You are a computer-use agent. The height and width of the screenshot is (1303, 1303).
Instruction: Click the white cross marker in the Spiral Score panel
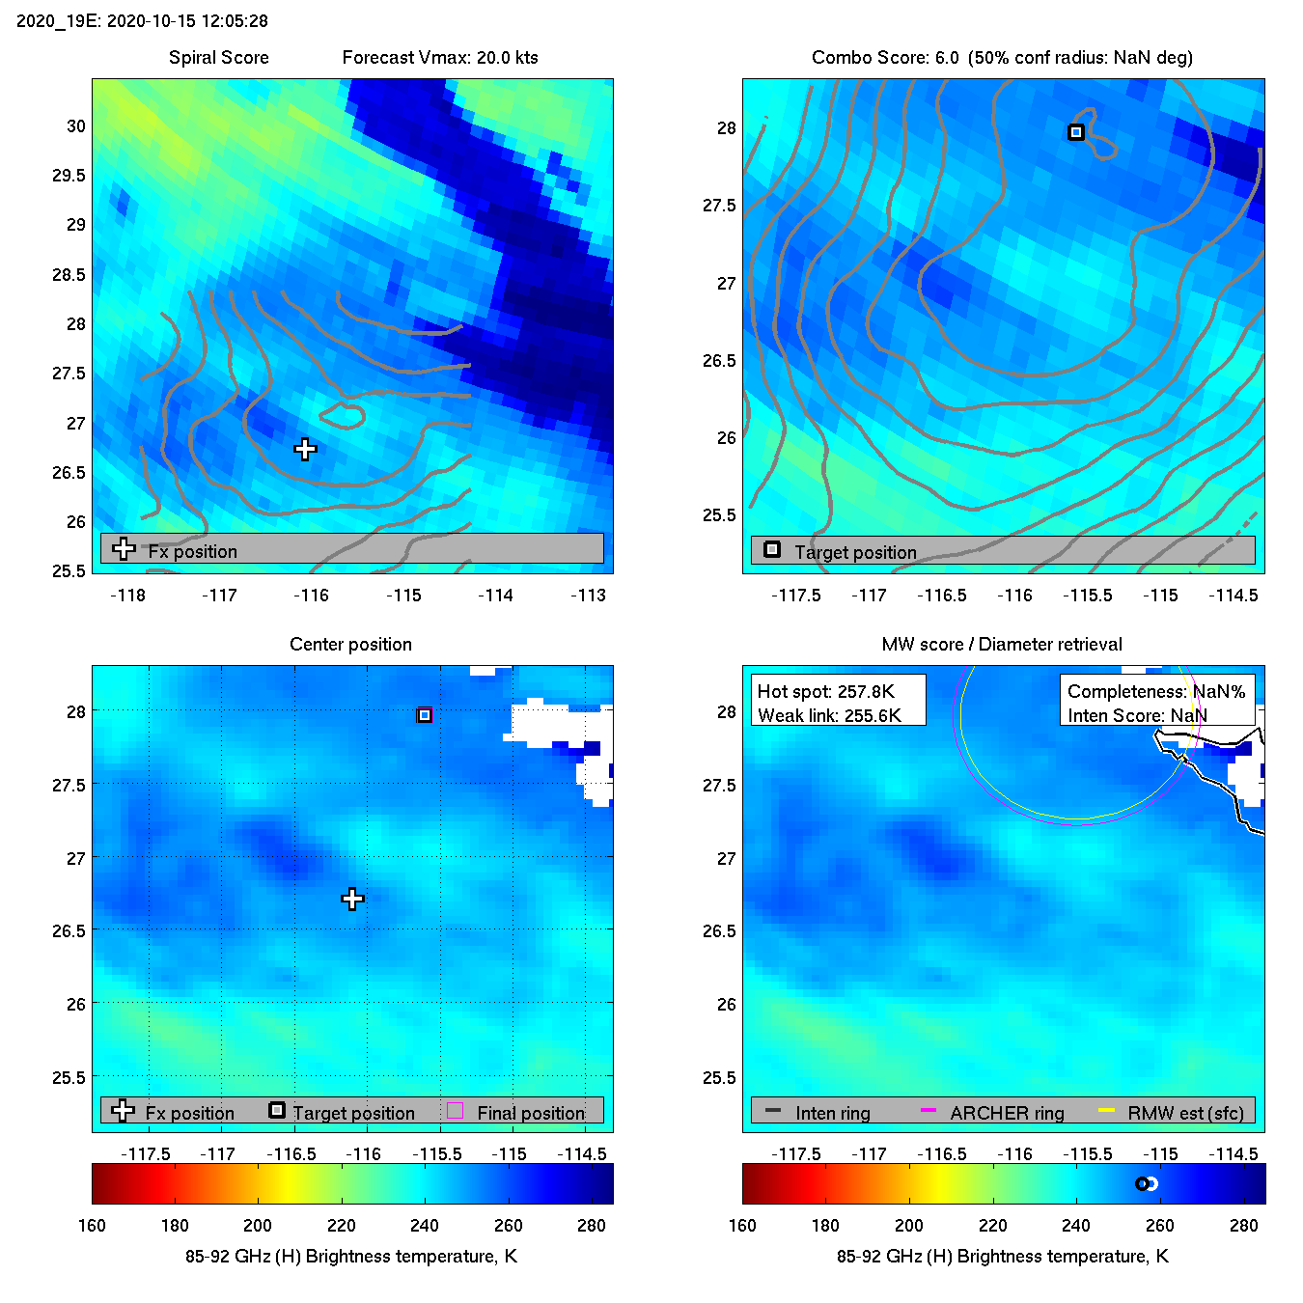pyautogui.click(x=305, y=449)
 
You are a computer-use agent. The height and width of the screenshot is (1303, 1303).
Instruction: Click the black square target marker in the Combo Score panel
pyautogui.click(x=1076, y=132)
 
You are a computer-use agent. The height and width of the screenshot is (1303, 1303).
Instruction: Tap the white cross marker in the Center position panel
pyautogui.click(x=352, y=899)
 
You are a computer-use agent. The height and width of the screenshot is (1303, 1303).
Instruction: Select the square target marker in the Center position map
pyautogui.click(x=425, y=715)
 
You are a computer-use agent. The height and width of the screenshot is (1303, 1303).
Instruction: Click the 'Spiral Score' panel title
pyautogui.click(x=218, y=58)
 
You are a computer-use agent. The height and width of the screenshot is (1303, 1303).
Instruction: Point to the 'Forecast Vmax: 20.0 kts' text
pyautogui.click(x=440, y=58)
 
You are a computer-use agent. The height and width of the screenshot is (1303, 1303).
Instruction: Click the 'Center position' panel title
pyautogui.click(x=350, y=645)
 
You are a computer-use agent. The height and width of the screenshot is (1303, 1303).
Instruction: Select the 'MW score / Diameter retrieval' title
pyautogui.click(x=1002, y=645)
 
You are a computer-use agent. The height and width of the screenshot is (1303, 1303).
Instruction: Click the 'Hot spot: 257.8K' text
pyautogui.click(x=825, y=691)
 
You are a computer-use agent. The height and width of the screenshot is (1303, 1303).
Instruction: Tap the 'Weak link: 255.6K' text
pyautogui.click(x=829, y=715)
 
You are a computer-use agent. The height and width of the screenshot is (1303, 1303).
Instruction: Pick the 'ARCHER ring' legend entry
pyautogui.click(x=1007, y=1113)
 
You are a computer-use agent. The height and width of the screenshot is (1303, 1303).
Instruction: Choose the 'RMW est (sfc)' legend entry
pyautogui.click(x=1185, y=1113)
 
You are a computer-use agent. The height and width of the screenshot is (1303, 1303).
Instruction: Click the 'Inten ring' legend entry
pyautogui.click(x=832, y=1113)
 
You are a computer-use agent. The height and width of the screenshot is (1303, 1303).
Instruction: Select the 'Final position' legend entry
pyautogui.click(x=530, y=1113)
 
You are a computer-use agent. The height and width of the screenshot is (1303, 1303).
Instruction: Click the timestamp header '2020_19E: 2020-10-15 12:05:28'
pyautogui.click(x=143, y=21)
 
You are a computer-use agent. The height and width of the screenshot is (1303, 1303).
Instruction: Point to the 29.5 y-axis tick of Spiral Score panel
pyautogui.click(x=69, y=176)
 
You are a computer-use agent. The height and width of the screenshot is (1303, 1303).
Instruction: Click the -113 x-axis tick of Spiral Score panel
pyautogui.click(x=588, y=596)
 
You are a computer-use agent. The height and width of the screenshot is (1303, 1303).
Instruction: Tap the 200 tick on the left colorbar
pyautogui.click(x=258, y=1226)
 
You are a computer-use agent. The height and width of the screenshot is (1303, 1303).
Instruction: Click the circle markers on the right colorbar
pyautogui.click(x=1146, y=1183)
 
